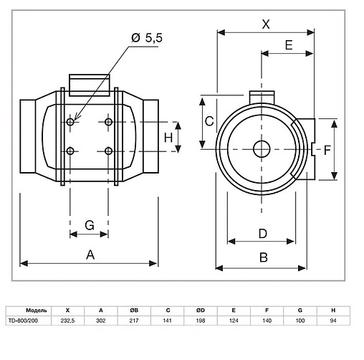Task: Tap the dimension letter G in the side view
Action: [x=90, y=225]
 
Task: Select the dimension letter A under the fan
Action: [x=90, y=253]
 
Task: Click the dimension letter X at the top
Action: [x=267, y=23]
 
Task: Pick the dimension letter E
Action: [x=289, y=44]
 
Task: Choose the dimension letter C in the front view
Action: [x=209, y=121]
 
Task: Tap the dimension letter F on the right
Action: [x=327, y=150]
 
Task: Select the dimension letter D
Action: [x=262, y=233]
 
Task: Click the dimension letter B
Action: [x=263, y=257]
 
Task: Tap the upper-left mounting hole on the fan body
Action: [x=70, y=123]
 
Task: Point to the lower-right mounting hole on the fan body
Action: [x=109, y=151]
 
